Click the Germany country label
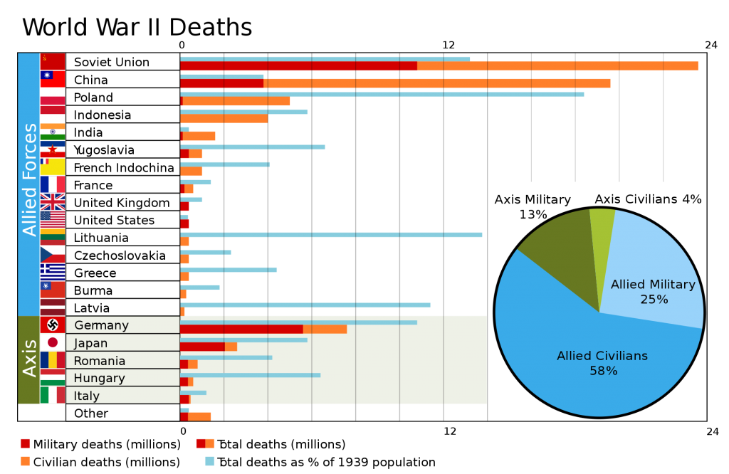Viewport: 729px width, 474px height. coord(101,325)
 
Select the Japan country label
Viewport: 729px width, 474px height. coord(90,343)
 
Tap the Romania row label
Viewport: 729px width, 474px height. coord(99,361)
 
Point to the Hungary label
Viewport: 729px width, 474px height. coord(99,378)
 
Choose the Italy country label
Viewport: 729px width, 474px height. coord(87,396)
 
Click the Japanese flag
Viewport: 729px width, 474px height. coord(53,342)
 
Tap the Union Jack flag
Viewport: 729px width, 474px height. coord(53,202)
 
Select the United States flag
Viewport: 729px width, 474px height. coord(53,219)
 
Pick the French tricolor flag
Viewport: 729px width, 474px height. coord(53,184)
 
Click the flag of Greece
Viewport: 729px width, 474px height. coord(53,272)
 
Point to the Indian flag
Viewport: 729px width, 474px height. coord(53,132)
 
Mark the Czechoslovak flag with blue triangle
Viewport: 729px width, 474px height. coord(53,255)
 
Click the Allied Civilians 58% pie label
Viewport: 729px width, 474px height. coord(602,363)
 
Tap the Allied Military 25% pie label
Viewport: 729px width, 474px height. coord(653,292)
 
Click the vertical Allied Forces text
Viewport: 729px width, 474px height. coord(29,179)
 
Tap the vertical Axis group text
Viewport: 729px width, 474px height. coord(29,358)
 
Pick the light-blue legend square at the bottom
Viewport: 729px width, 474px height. coord(210,461)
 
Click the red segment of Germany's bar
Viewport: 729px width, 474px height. coord(241,330)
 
